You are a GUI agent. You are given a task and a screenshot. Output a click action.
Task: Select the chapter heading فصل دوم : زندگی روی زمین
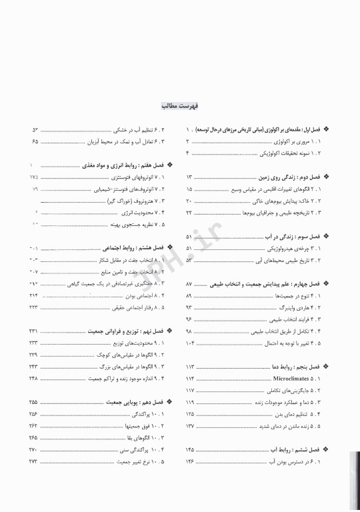click(x=293, y=178)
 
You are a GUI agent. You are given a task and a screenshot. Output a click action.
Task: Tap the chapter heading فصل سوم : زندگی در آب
click(x=299, y=237)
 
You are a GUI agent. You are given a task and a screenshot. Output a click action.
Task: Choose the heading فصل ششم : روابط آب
click(x=304, y=449)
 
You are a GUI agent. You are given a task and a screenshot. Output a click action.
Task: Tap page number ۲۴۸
click(x=33, y=378)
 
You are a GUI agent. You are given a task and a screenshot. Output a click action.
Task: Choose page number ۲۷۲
click(x=33, y=461)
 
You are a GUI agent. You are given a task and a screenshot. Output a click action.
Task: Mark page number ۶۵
click(x=35, y=142)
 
